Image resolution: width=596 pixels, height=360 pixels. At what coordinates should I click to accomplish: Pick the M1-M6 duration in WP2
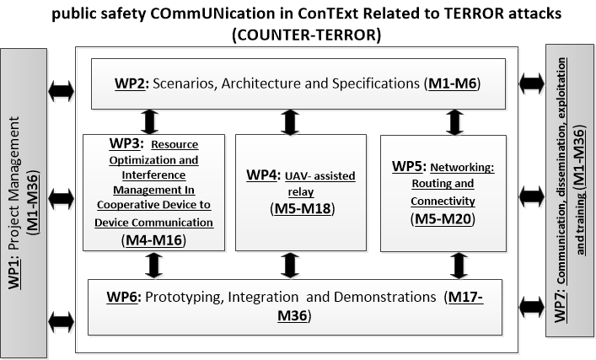[x=453, y=83]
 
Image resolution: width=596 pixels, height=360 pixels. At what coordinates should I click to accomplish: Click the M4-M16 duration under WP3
[x=153, y=240]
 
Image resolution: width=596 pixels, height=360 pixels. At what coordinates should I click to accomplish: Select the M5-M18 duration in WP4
[x=303, y=209]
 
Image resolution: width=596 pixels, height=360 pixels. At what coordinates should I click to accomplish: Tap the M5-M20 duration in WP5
[x=443, y=219]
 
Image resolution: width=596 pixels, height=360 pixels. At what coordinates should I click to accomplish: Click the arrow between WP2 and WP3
[x=149, y=122]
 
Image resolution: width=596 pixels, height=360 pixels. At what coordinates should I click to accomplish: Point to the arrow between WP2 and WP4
[x=290, y=122]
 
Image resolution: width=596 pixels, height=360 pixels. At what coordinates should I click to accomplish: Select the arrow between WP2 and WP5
[x=454, y=122]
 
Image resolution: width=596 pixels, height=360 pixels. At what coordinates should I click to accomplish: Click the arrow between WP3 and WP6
[x=153, y=266]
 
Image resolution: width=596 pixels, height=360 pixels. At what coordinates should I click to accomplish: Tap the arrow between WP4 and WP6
[x=290, y=266]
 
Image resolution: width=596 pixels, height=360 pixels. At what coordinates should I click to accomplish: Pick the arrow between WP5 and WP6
[x=459, y=266]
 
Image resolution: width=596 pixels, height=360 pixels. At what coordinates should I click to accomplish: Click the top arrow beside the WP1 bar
[x=62, y=91]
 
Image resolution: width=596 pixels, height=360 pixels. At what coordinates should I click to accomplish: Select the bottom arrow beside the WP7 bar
[x=531, y=306]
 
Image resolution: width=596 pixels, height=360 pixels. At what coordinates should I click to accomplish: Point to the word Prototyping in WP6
[x=182, y=298]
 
